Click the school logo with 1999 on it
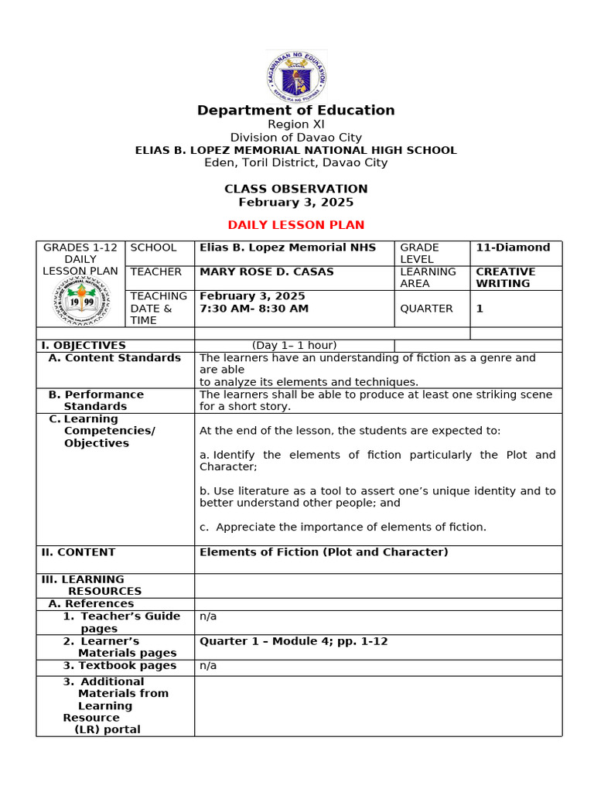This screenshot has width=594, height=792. pos(81,301)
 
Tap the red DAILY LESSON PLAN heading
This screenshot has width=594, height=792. pos(296,225)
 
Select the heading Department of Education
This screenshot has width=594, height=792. pos(296,111)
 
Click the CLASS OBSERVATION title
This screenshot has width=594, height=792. pos(296,189)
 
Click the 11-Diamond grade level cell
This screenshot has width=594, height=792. pos(513,247)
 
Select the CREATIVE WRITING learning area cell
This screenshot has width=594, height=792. pos(505,278)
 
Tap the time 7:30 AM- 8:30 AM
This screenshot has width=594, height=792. pos(254,309)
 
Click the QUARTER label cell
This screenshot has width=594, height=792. pos(426,309)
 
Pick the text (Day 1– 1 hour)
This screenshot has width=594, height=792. pos(294,346)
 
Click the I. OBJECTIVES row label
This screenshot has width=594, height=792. pos(84,346)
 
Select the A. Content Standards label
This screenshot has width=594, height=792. pos(114,358)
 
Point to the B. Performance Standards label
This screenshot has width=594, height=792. pos(96,401)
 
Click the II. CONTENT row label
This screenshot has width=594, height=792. pos(78,552)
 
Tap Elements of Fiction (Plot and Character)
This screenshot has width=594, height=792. pos(323,552)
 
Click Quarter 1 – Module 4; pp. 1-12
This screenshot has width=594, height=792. pos(293,641)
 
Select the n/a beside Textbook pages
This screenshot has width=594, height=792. pos(208,666)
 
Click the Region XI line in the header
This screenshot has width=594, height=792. pos(296,125)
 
